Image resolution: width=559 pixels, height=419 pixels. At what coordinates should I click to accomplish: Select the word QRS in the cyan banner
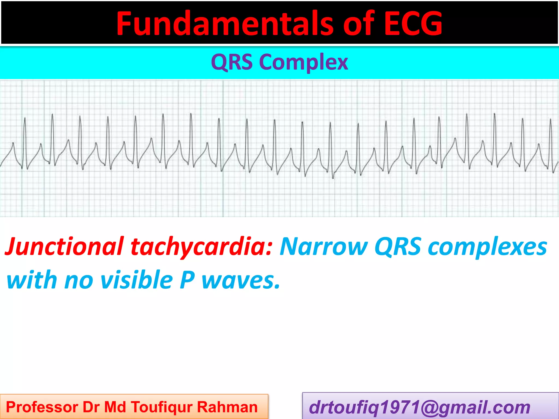click(x=232, y=62)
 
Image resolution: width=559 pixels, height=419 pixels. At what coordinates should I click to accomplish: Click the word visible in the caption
click(x=136, y=280)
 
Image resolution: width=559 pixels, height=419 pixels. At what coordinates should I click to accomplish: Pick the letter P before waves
click(x=187, y=280)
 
